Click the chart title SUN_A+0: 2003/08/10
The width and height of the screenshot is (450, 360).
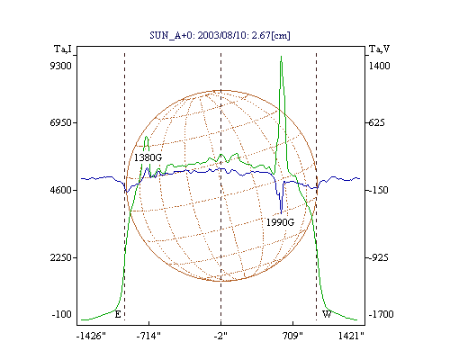(220, 35)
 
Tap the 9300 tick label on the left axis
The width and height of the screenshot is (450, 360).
(60, 66)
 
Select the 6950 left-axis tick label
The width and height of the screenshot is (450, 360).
(60, 122)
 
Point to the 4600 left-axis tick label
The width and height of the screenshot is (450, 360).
(60, 190)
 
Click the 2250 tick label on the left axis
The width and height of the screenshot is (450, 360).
(60, 257)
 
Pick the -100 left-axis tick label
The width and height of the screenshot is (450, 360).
(62, 314)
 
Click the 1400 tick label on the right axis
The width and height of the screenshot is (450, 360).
(379, 66)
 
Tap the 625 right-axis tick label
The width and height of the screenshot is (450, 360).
(376, 122)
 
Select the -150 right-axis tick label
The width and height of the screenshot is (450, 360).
(378, 190)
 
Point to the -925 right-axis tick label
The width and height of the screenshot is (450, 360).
(378, 257)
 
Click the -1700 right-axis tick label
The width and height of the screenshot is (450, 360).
(381, 314)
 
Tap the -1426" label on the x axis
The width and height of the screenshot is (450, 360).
(91, 336)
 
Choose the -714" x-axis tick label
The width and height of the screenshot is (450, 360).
(148, 336)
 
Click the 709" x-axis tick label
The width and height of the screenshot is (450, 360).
(292, 336)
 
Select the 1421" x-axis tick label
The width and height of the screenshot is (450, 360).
(351, 336)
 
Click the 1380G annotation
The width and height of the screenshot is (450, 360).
(148, 157)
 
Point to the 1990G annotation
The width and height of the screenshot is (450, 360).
(280, 222)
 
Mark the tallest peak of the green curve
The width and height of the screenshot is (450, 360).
(281, 56)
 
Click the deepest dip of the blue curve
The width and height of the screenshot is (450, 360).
(281, 213)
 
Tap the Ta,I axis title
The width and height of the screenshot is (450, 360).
(63, 49)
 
